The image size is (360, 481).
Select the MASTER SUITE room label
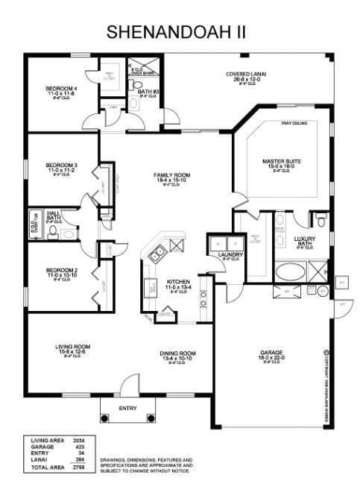pyautogui.click(x=281, y=161)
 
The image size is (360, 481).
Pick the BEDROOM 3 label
pyautogui.click(x=61, y=165)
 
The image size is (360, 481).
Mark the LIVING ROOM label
pyautogui.click(x=72, y=346)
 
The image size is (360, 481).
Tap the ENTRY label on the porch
pyautogui.click(x=128, y=408)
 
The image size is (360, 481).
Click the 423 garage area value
pyautogui.click(x=78, y=447)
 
